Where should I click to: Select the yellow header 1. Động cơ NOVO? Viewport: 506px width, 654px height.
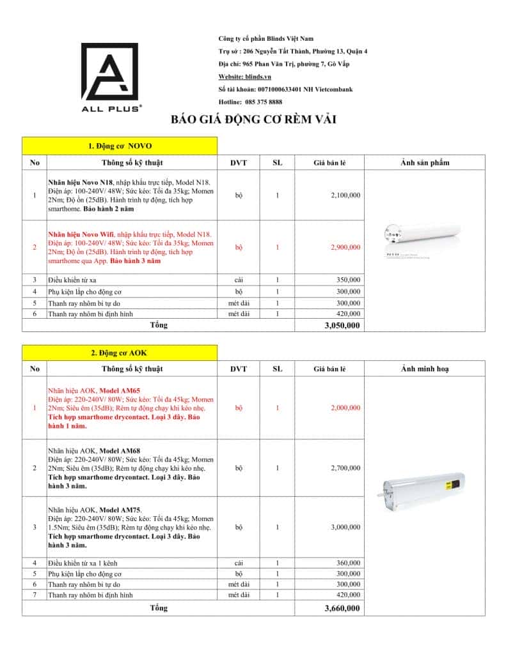[x=120, y=146]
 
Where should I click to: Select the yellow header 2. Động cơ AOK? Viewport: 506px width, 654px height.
[x=120, y=352]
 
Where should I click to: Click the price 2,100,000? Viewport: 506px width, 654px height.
[x=345, y=195]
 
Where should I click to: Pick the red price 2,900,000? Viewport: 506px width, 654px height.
[x=345, y=247]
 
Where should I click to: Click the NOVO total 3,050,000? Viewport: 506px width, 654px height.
[x=343, y=325]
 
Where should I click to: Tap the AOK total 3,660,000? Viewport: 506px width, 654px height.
[x=343, y=608]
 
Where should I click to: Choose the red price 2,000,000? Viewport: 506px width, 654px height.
[x=345, y=407]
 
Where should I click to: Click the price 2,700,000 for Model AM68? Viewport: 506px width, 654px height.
[x=345, y=468]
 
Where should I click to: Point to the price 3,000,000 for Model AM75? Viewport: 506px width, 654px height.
[x=345, y=528]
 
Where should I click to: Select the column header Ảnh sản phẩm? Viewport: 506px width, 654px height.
[x=425, y=162]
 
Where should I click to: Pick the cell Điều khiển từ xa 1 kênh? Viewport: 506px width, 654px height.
[x=83, y=563]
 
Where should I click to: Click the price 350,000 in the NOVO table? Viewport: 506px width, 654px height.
[x=349, y=280]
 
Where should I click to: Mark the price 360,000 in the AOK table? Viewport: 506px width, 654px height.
[x=349, y=563]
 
